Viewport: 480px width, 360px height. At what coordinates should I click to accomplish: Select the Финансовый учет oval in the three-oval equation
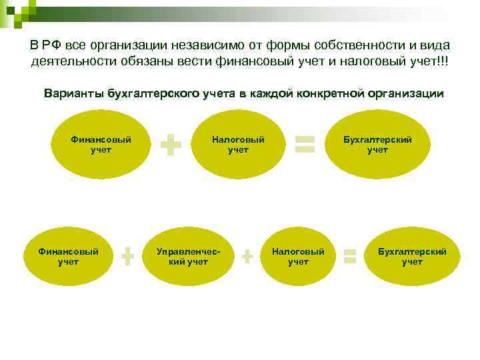pyautogui.click(x=101, y=144)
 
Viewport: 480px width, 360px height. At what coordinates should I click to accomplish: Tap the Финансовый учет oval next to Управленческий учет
pyautogui.click(x=68, y=257)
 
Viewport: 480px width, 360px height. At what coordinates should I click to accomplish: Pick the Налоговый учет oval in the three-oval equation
pyautogui.click(x=238, y=144)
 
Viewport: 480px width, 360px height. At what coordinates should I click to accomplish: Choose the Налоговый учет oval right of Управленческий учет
pyautogui.click(x=298, y=257)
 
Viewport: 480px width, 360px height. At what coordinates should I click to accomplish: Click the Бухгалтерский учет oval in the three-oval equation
pyautogui.click(x=377, y=144)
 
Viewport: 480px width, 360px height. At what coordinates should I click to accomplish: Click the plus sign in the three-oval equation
pyautogui.click(x=172, y=144)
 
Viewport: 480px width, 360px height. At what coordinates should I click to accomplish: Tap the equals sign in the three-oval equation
pyautogui.click(x=305, y=143)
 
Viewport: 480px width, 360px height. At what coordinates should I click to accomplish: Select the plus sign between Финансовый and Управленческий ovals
pyautogui.click(x=128, y=256)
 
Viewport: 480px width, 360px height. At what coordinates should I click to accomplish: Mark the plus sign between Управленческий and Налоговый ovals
pyautogui.click(x=247, y=255)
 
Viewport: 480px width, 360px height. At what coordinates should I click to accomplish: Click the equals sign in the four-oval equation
pyautogui.click(x=349, y=255)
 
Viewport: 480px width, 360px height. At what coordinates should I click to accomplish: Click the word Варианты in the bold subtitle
pyautogui.click(x=71, y=93)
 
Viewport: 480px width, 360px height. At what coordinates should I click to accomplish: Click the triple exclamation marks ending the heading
pyautogui.click(x=443, y=61)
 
